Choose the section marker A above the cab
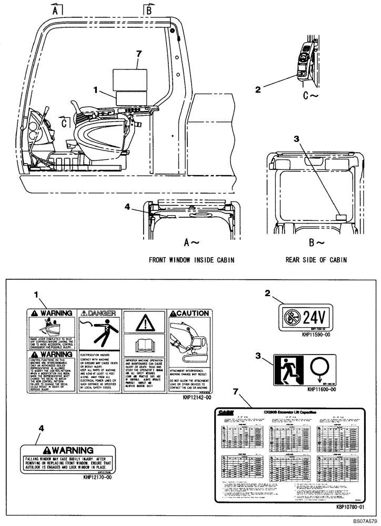(57, 9)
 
